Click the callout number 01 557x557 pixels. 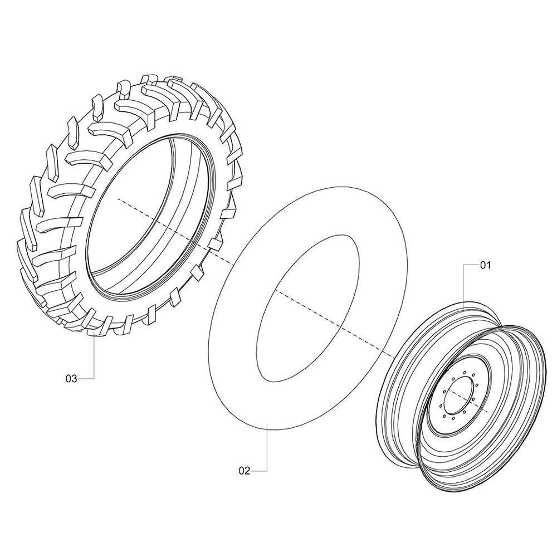485,266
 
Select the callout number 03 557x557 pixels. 71,379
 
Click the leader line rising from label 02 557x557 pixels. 268,451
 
